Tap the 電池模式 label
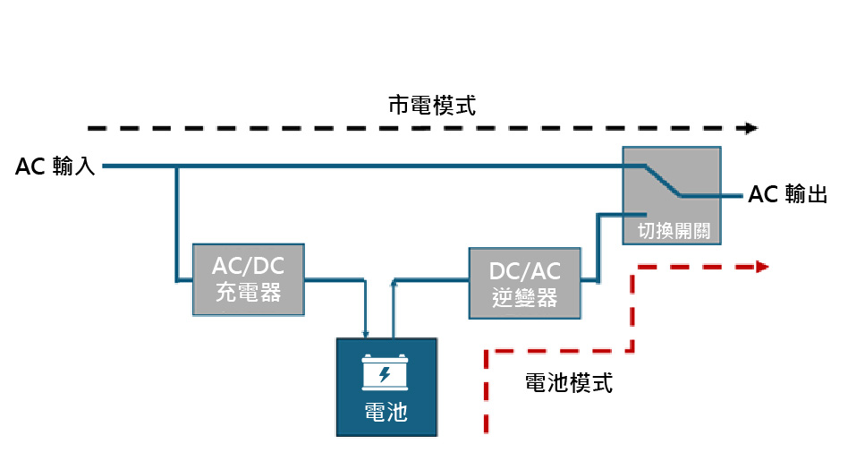pos(568,384)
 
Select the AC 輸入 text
pos(55,166)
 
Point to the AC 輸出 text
pos(786,194)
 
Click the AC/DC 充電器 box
pos(247,279)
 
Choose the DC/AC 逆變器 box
pos(524,284)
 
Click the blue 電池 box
pos(386,387)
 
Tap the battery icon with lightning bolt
pos(386,371)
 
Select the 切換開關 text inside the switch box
pos(673,230)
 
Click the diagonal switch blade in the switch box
pos(662,179)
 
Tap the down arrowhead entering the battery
pos(366,334)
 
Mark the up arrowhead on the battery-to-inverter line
pos(394,283)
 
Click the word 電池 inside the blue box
pos(386,412)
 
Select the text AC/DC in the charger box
pos(247,267)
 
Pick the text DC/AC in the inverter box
pos(524,271)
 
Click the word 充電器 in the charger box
pos(248,292)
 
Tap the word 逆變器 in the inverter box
pos(524,297)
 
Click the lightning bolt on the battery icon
pos(386,373)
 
